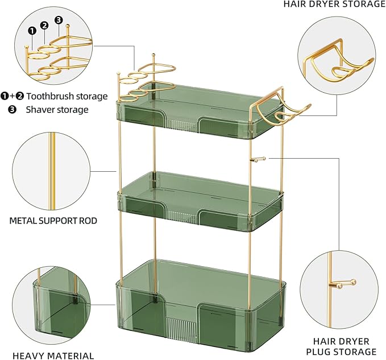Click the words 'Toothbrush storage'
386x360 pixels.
[67, 96]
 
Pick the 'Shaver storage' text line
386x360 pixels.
[57, 109]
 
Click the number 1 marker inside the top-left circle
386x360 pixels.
[32, 30]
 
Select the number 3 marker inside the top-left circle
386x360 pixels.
[58, 19]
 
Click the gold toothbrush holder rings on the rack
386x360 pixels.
[142, 82]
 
